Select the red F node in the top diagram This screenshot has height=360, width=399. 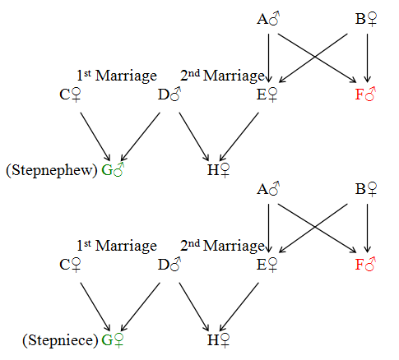point(365,95)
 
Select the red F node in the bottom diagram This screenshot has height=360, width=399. point(365,265)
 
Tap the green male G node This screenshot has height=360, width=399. point(113,170)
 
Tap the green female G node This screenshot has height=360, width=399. point(113,340)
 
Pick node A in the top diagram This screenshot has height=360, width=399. point(268,19)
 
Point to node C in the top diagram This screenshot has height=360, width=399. point(70,95)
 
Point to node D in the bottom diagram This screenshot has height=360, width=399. point(169,265)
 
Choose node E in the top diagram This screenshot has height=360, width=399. point(267,95)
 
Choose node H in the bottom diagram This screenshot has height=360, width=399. point(218,340)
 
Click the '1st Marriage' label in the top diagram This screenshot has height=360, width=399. point(117,76)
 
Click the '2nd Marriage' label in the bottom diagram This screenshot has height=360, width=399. point(222,246)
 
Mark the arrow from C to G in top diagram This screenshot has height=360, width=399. point(95,136)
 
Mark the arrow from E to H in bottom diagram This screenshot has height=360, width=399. point(239,307)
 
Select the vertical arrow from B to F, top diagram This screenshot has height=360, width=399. point(367,58)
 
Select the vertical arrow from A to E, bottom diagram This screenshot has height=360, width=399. point(268,228)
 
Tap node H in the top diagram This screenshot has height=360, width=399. point(218,170)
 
